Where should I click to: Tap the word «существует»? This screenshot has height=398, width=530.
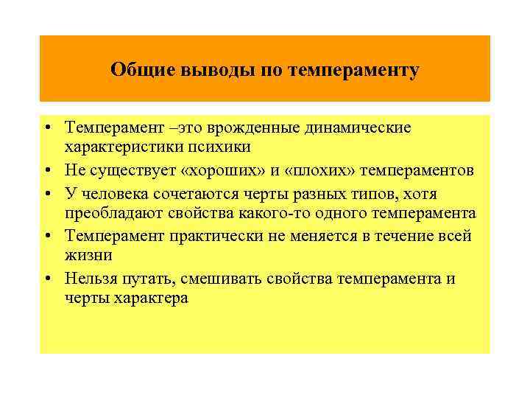point(125,171)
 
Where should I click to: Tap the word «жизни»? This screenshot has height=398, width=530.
point(88,256)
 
